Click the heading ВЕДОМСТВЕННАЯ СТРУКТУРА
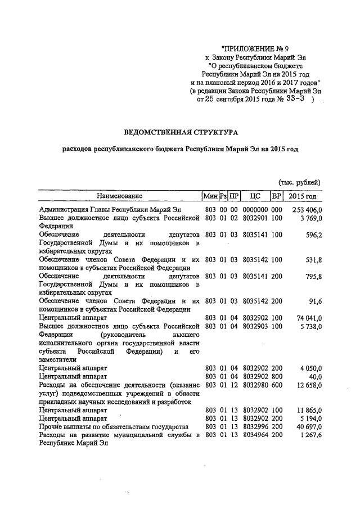[181, 132]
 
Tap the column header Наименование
[119, 196]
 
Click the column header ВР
[276, 196]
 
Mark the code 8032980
[254, 384]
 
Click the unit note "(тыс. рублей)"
[300, 182]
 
